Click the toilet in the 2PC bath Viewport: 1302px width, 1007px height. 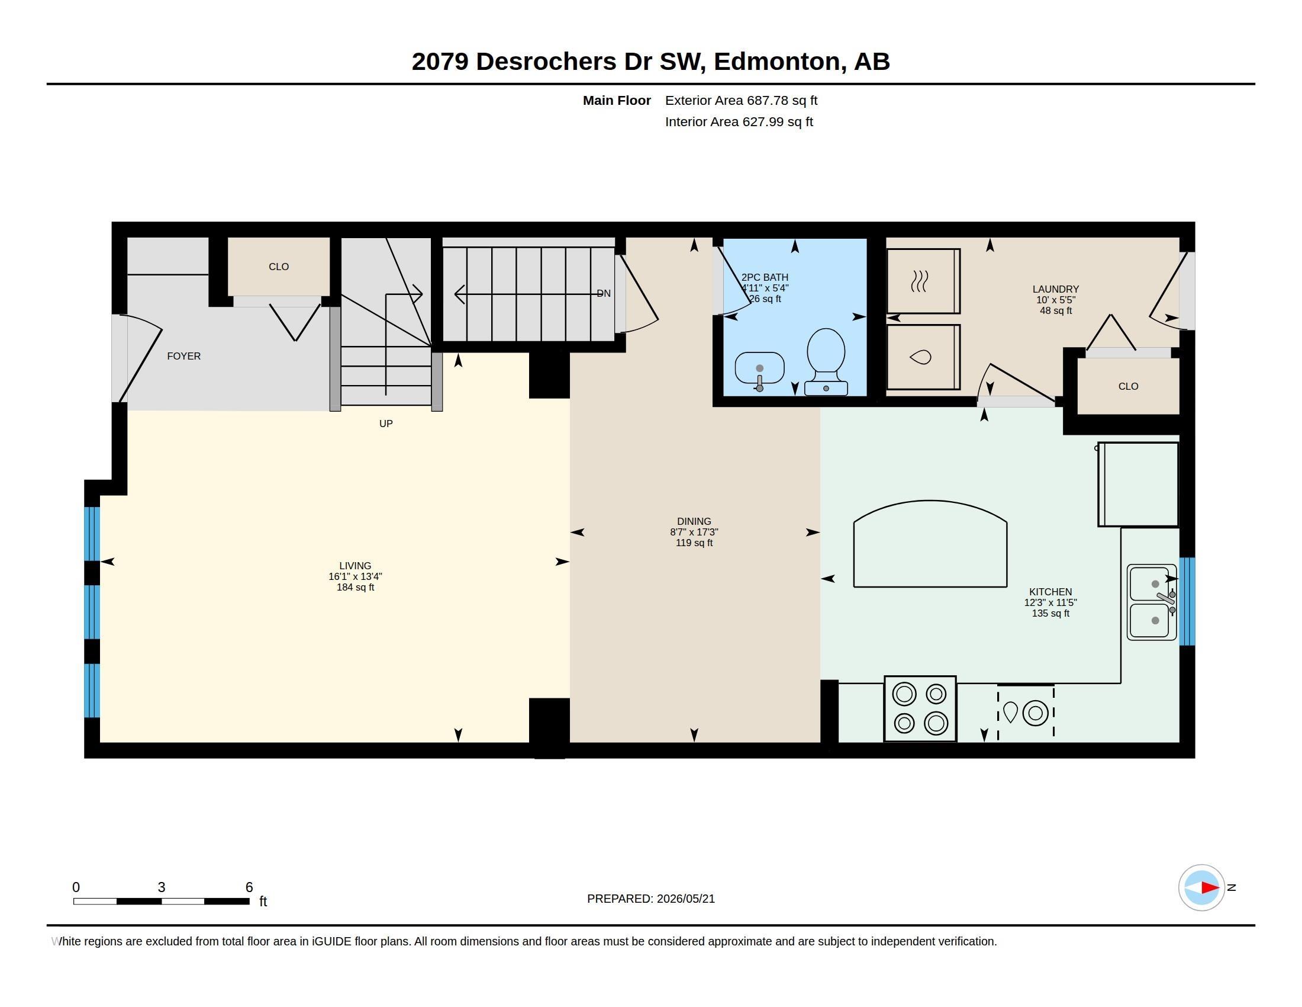pos(826,361)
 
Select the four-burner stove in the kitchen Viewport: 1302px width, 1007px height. pos(920,708)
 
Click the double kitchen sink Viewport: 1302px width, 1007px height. pos(1152,602)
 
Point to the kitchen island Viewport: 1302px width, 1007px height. pos(930,543)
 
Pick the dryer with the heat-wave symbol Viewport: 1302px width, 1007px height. pos(923,281)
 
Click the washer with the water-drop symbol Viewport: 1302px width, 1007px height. pos(923,357)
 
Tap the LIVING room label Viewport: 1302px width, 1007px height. pos(355,566)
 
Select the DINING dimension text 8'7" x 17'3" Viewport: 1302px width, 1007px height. pos(694,532)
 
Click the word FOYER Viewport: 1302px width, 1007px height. pos(183,356)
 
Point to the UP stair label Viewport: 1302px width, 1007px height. pos(386,424)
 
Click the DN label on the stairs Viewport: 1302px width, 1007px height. pos(604,293)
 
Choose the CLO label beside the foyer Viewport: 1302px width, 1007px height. pos(278,267)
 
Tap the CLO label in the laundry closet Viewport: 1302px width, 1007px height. pos(1128,387)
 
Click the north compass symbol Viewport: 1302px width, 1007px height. pos(1202,887)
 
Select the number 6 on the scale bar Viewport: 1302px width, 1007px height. pos(249,887)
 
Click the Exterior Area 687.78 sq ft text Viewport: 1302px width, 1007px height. pos(741,101)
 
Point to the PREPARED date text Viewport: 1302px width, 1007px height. pos(650,899)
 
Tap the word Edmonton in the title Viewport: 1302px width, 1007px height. pos(777,62)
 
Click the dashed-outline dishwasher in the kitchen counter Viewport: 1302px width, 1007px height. pos(1026,712)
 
